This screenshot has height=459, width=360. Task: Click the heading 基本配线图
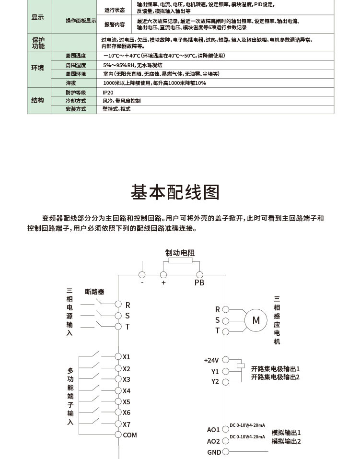(175, 192)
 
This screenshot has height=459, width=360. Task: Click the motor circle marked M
(256, 320)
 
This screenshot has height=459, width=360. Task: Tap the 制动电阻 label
(180, 253)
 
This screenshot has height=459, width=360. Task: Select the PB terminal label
(199, 283)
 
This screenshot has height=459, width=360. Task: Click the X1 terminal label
(127, 357)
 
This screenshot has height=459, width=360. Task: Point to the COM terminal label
(130, 435)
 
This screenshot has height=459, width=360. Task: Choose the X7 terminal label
(127, 424)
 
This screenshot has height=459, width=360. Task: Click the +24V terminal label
(211, 360)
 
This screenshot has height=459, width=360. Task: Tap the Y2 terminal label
(215, 382)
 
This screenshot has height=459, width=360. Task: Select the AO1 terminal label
(213, 430)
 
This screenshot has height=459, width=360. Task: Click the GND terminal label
(214, 452)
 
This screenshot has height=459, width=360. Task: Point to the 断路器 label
(94, 291)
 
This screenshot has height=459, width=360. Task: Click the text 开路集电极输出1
(275, 369)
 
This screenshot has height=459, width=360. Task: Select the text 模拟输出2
(286, 441)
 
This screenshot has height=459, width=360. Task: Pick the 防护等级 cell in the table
(75, 92)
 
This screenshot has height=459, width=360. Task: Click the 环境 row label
(37, 68)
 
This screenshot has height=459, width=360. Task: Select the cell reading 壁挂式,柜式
(116, 109)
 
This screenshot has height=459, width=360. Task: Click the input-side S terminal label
(128, 316)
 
